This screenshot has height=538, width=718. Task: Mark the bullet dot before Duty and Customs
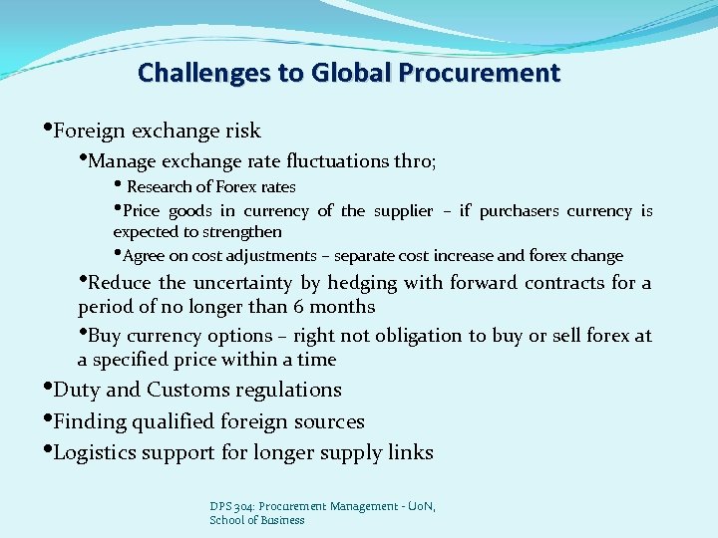pos(47,387)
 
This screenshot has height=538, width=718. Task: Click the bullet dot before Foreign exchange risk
pos(47,128)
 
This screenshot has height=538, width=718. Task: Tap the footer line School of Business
pos(257,520)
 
